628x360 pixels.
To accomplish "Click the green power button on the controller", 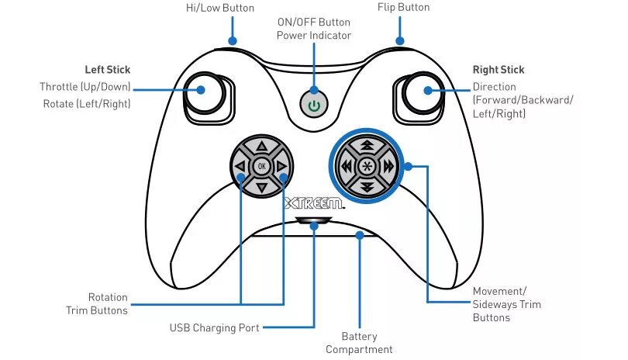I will (x=313, y=105).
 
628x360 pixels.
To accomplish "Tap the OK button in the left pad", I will (x=261, y=165).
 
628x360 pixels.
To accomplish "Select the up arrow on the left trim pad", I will (x=261, y=146).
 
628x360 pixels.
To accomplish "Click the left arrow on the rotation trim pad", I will (x=240, y=165).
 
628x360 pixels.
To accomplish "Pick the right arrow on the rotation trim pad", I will (x=282, y=165).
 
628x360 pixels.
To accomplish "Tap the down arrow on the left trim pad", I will (x=261, y=186).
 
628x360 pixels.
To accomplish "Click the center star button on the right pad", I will (x=367, y=165).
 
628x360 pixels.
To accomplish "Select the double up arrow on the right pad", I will (x=367, y=145).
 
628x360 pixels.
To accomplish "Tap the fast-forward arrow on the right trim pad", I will (x=388, y=165).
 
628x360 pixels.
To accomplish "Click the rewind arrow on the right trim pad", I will (x=346, y=165).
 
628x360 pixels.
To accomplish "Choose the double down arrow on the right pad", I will (x=367, y=186).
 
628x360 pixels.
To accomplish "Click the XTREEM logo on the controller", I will (x=313, y=205).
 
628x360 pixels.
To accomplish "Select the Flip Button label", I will (x=403, y=8).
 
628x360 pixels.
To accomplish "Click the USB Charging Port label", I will (x=215, y=327).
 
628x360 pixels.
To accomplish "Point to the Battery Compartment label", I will (x=359, y=343).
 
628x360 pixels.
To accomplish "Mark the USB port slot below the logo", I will (x=313, y=222).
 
